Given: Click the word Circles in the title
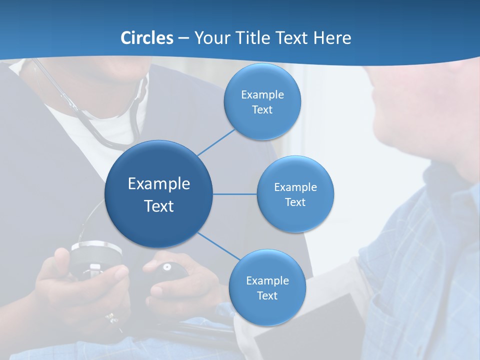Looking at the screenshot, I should coord(147,38).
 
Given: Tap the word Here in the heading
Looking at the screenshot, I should coord(332,38).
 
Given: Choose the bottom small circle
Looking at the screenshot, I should coord(267,310).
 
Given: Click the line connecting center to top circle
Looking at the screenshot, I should coord(216,142).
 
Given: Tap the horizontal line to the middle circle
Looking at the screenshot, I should coord(235,194).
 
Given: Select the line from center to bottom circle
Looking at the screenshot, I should coord(218,246).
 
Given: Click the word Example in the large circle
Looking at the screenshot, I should coord(159,184).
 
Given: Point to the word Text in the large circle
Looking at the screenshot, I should coord(159,206).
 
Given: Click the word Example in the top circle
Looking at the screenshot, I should coord(262,95).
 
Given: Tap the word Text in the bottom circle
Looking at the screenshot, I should coord(267,296).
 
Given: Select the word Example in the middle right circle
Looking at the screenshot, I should coord(295,187).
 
